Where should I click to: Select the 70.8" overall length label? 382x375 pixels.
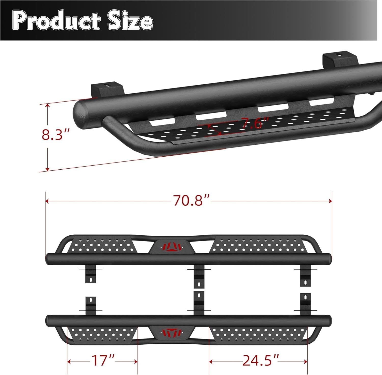(x=192, y=201)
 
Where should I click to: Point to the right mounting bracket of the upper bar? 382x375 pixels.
(x=305, y=277)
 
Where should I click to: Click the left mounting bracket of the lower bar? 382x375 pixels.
(x=91, y=305)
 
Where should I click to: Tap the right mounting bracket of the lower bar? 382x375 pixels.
(x=305, y=304)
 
